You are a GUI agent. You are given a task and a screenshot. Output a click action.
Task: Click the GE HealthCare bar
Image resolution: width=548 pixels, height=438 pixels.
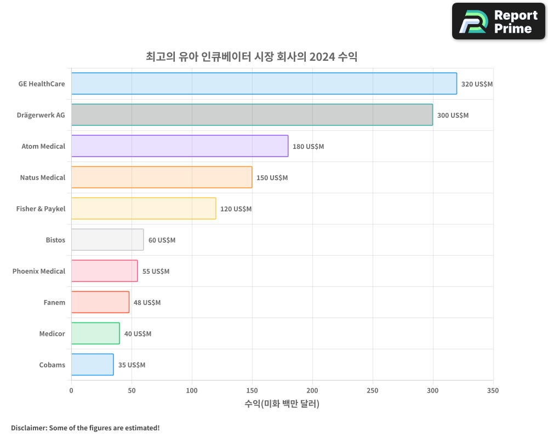(264, 84)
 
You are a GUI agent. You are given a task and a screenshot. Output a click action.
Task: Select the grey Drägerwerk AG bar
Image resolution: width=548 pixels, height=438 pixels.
(252, 115)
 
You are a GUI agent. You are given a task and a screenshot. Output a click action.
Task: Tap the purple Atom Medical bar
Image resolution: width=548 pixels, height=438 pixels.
(179, 146)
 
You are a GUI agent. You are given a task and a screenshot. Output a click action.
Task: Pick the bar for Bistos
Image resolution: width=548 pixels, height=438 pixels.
(107, 240)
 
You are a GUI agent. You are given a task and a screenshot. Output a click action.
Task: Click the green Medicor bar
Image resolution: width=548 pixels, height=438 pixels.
(95, 333)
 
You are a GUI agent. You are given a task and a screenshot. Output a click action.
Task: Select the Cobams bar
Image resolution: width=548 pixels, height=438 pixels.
(92, 365)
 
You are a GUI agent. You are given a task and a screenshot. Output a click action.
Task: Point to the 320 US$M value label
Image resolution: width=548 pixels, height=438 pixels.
(477, 84)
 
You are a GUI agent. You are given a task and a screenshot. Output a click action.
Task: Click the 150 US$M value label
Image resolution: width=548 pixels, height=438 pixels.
(272, 178)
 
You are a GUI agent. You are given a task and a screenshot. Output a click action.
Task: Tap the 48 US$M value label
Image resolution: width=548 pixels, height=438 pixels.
(147, 303)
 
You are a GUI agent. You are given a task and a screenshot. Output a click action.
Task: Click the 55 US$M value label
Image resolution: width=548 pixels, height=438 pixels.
(156, 272)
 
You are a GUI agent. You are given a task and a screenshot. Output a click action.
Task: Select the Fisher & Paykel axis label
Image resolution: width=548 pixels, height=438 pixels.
(41, 209)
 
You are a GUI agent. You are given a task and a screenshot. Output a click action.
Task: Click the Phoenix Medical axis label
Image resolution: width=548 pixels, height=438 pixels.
(38, 271)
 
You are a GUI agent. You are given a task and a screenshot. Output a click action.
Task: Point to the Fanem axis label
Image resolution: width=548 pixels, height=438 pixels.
(54, 302)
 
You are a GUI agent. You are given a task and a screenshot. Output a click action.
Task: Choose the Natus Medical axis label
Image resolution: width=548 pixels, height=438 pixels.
(42, 177)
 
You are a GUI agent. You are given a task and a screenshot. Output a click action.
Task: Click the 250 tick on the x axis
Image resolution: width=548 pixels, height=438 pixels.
(373, 390)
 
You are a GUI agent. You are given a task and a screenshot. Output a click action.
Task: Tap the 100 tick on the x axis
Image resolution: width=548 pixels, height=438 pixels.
(192, 390)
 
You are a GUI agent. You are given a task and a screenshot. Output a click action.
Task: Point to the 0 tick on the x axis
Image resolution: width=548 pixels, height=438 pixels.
(71, 390)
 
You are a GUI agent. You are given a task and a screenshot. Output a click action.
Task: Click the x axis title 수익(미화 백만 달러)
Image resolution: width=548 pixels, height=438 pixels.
(282, 404)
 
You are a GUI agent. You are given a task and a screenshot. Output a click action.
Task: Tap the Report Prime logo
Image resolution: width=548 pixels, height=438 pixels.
(499, 21)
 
